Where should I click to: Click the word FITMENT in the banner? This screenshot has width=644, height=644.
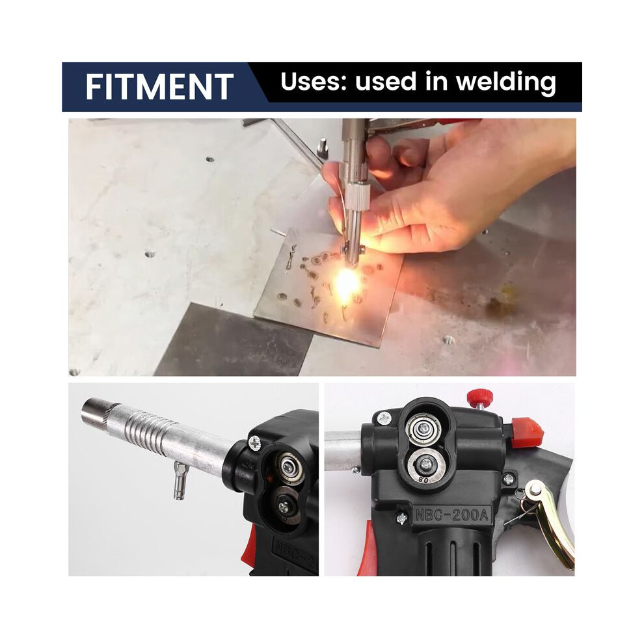[159, 87]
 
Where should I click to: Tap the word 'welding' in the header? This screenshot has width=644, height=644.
[505, 82]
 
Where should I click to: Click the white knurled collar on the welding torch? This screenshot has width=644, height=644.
[355, 196]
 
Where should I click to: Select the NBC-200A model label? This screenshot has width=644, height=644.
[452, 515]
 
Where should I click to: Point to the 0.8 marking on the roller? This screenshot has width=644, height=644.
[423, 479]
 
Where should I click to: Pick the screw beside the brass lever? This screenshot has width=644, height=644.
[509, 478]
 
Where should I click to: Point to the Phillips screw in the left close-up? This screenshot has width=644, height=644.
[254, 443]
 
